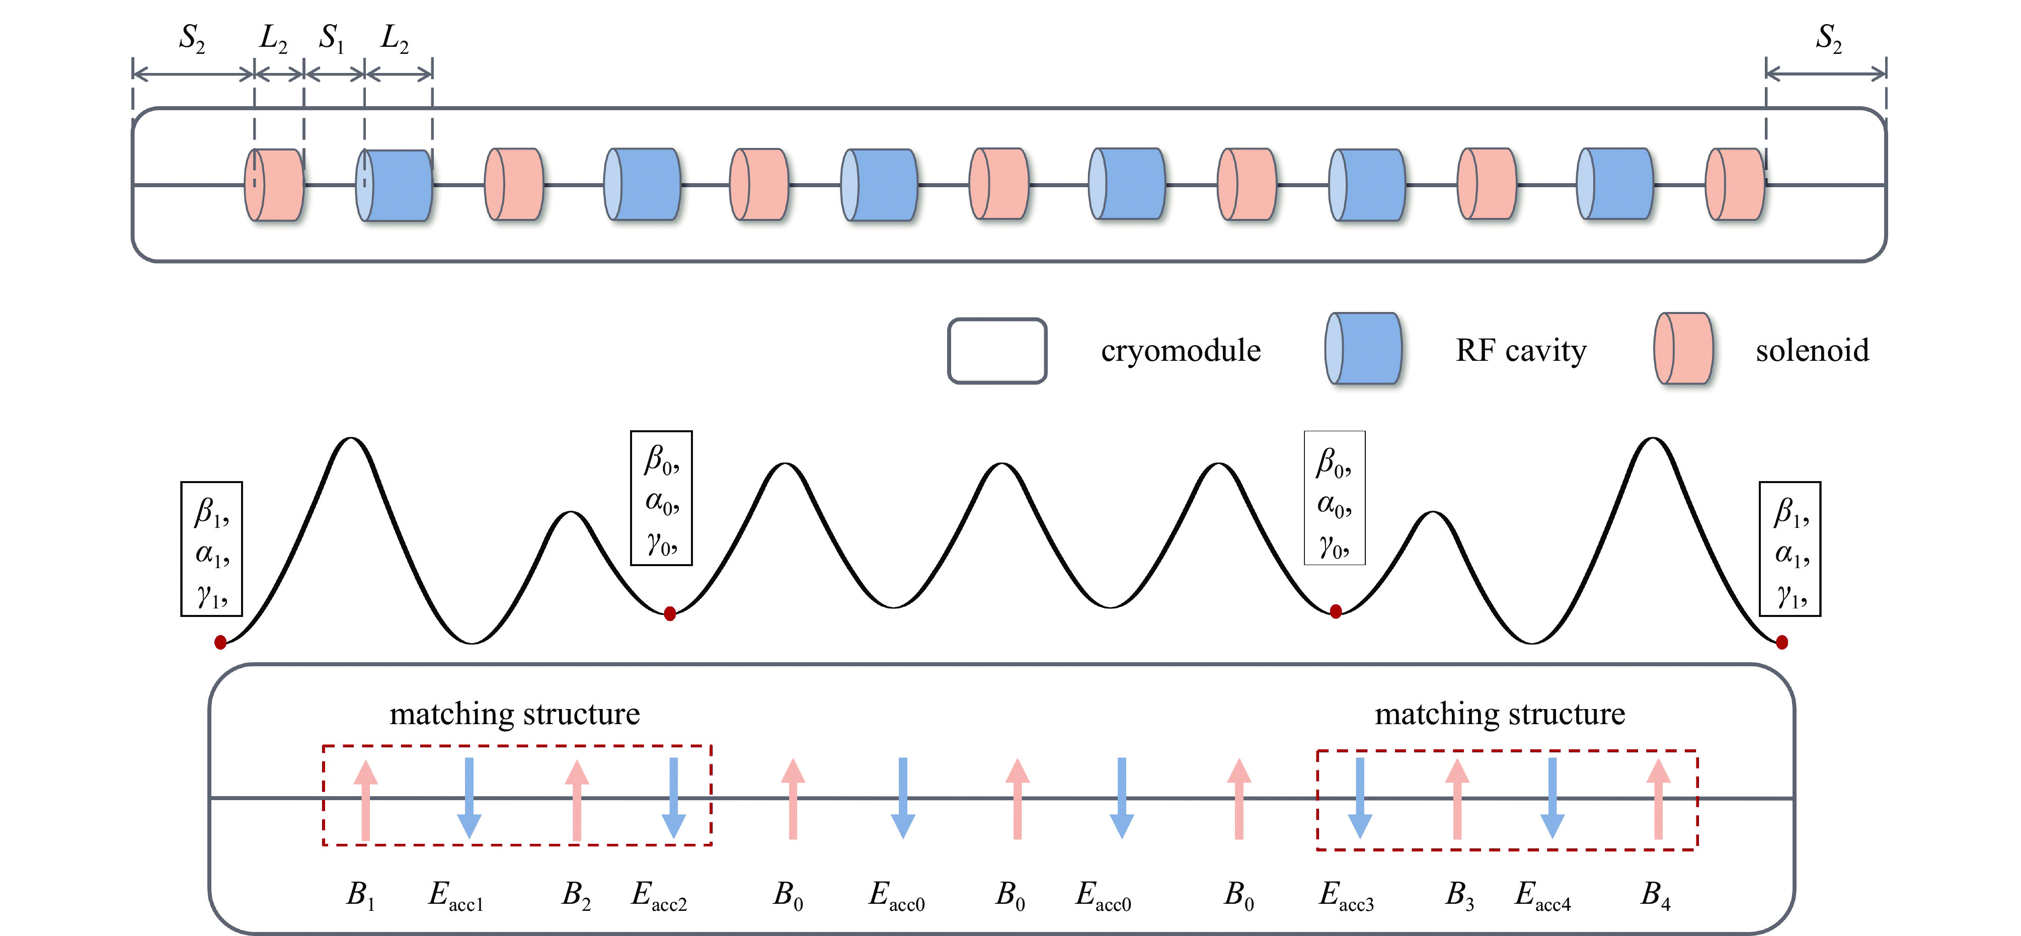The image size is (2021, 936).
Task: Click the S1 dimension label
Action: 331,38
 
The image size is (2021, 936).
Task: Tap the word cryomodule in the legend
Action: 1180,351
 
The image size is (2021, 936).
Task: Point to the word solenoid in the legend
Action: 1812,351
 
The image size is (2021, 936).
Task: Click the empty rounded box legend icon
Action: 996,351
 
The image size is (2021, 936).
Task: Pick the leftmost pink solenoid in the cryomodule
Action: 274,185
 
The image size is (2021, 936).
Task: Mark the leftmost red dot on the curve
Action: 220,643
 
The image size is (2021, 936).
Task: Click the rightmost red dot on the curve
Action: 1782,643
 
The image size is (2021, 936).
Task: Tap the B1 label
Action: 361,894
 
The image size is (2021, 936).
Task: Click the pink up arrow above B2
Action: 577,800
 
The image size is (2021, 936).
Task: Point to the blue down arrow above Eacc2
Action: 673,798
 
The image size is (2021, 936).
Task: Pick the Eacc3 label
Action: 1346,895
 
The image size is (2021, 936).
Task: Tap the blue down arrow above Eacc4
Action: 1552,798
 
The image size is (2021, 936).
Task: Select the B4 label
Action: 1656,894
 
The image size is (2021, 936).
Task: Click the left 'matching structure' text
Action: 515,714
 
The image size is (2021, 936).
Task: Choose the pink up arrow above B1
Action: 365,800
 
